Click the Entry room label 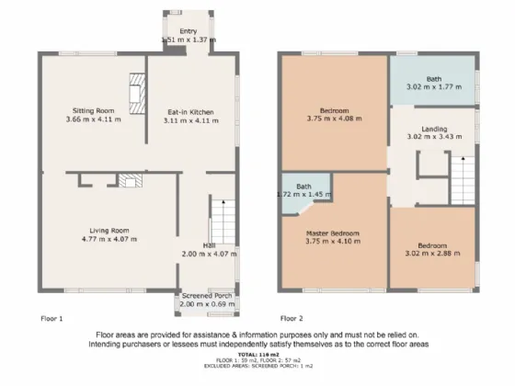coord(188,31)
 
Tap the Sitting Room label coord(93,110)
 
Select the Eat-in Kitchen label coord(184,110)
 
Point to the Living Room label coord(109,230)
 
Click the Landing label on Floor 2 coord(434,129)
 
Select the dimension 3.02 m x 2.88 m coord(432,255)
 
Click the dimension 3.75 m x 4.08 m coord(333,119)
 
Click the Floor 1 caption coord(51,318)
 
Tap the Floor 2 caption coord(291,318)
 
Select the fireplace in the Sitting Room coord(136,94)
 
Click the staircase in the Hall coord(220,221)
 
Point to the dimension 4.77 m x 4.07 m coord(109,239)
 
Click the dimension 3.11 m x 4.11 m coord(184,119)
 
